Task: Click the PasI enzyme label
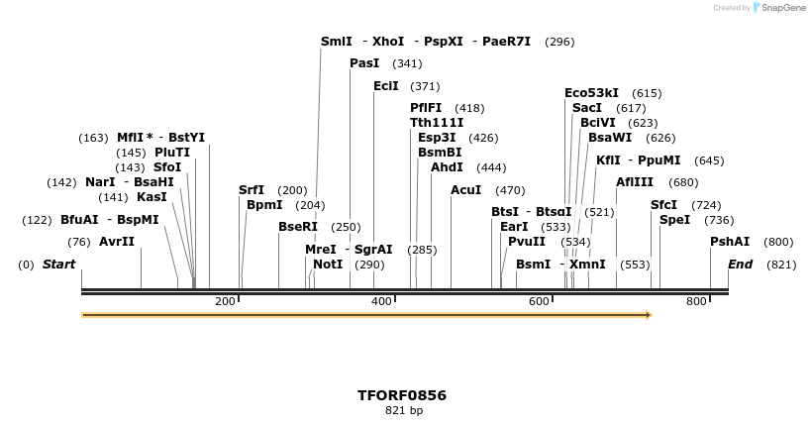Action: (364, 63)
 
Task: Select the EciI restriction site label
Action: (386, 86)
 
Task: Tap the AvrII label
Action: (117, 242)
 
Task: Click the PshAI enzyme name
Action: (730, 242)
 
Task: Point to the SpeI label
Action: (675, 220)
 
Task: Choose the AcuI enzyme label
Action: (466, 190)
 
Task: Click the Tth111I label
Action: (437, 123)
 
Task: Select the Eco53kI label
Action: (592, 93)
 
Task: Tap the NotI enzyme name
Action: (328, 265)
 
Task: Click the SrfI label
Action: (252, 190)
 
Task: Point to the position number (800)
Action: (778, 242)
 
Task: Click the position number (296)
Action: (559, 42)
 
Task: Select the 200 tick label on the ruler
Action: (225, 301)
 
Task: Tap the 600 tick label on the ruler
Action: (539, 301)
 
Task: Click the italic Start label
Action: (59, 265)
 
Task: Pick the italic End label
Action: (740, 265)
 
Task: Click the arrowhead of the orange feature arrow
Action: (649, 315)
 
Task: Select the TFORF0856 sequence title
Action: (402, 395)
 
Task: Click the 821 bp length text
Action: (404, 410)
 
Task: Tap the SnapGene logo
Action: (779, 8)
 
